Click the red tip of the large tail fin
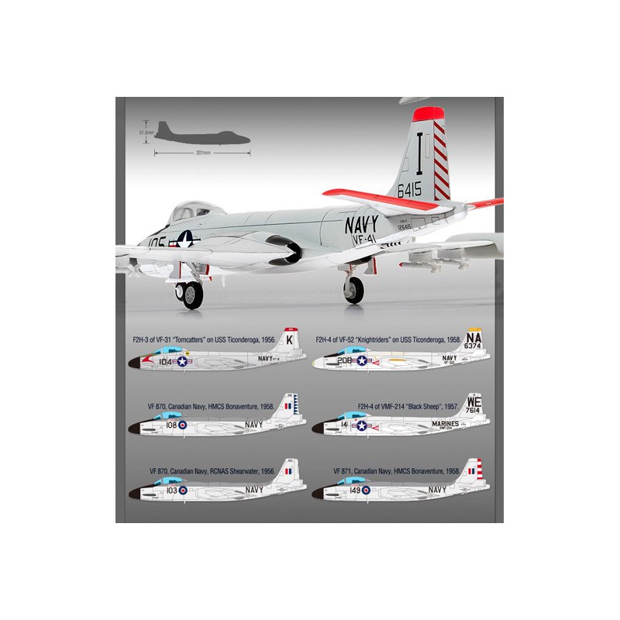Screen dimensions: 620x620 coord(430,115)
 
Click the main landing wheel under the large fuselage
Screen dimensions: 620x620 coord(353,290)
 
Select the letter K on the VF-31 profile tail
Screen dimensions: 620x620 coord(289,339)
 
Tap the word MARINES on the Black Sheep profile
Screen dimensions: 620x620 coord(440,424)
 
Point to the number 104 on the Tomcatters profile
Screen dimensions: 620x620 coord(167,360)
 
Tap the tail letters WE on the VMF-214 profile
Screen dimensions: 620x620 coord(474,402)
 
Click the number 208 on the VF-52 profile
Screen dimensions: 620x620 coord(345,360)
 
